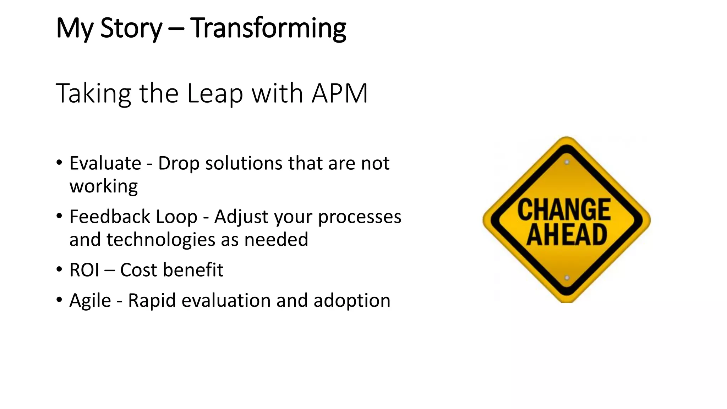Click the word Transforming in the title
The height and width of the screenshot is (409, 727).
pos(268,28)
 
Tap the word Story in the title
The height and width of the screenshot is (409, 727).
pos(131,28)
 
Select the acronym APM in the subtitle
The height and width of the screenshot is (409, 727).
pos(339,93)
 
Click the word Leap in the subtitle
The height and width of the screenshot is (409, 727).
pos(215,93)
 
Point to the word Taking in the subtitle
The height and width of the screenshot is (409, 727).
pos(93,93)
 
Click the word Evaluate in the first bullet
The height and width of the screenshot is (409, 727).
pos(105,163)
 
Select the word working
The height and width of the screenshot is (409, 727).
pos(104,186)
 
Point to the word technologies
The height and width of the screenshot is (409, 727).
pos(161,240)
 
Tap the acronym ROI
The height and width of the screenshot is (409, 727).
pos(84,270)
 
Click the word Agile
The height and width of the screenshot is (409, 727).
pos(90,301)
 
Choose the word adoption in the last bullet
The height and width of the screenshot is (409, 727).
pos(352,301)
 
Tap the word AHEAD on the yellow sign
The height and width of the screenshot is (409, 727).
pos(567,235)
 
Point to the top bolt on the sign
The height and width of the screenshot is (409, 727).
pos(567,162)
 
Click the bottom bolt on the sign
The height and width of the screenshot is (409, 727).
pos(567,278)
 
